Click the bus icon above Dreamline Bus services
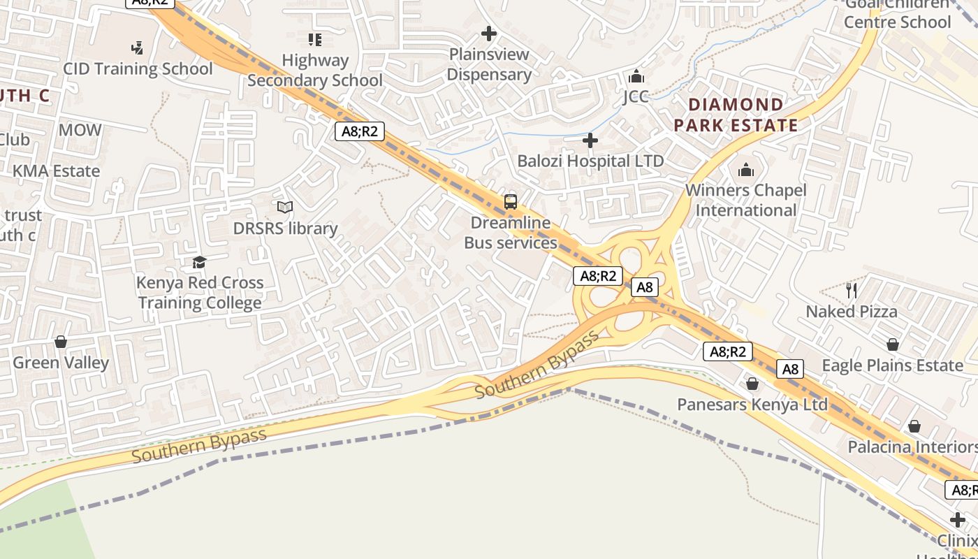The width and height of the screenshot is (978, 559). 511,202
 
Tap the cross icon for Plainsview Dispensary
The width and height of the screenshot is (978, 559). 489,33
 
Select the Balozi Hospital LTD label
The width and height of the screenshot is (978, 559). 590,161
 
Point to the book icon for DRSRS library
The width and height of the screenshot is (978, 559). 285,207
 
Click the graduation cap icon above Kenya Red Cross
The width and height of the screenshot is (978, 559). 200,262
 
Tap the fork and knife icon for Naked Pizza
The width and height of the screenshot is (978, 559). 851,290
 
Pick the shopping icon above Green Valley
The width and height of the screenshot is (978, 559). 61,342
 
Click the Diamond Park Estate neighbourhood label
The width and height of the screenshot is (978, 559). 736,115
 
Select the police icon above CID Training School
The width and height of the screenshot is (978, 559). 138,48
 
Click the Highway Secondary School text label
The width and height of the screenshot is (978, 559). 315,71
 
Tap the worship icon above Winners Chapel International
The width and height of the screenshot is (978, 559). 746,170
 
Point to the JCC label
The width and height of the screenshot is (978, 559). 636,96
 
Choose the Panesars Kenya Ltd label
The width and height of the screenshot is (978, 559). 752,405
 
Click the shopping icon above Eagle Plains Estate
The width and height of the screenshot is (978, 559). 892,344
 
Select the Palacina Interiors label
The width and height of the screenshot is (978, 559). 912,447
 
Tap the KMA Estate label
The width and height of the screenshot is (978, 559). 56,171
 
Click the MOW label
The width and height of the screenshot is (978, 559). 80,130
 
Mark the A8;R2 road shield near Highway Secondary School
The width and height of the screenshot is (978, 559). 360,131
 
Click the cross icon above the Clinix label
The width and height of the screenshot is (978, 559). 958,519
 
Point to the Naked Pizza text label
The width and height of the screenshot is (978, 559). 852,312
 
